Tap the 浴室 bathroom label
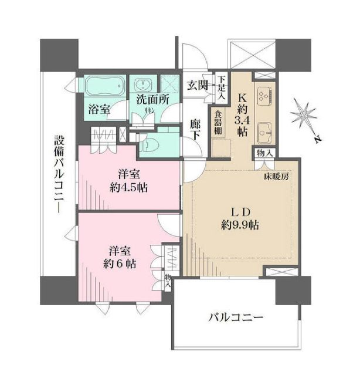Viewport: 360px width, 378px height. [x=99, y=109]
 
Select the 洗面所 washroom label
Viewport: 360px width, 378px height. [x=154, y=100]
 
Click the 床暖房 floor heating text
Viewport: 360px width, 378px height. [x=275, y=175]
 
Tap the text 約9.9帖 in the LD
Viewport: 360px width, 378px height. [x=241, y=225]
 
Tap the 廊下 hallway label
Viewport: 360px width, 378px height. [x=196, y=131]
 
